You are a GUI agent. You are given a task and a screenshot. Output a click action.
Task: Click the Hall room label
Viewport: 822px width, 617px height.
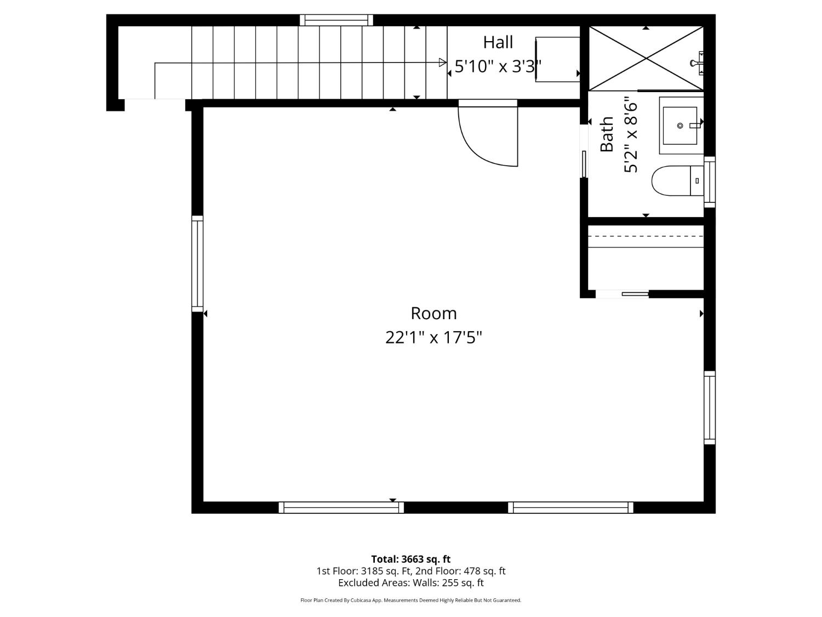498,42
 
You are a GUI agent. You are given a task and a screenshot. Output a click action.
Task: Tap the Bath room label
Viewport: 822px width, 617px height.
607,134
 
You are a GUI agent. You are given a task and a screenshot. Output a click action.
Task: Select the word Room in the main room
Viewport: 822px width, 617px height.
433,313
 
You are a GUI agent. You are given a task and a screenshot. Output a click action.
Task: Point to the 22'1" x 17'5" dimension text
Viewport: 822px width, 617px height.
433,337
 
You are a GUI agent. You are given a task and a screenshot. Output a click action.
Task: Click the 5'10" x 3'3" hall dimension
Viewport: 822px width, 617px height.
498,66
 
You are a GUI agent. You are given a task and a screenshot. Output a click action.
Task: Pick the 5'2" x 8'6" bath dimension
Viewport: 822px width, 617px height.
631,134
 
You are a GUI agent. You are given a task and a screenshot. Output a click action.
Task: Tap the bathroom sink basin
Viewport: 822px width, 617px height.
680,126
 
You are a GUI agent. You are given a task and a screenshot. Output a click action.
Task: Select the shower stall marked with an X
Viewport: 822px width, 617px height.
646,58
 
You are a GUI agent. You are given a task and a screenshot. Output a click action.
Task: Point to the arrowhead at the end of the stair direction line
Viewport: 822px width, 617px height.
443,63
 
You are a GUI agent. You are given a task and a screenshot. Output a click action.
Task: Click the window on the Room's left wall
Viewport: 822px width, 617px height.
197,264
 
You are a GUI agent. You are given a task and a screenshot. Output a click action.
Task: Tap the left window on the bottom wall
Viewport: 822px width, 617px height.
341,508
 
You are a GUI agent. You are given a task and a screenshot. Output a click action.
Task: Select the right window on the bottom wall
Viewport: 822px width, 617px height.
570,508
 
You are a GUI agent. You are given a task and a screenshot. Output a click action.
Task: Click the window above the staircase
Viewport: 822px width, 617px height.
336,20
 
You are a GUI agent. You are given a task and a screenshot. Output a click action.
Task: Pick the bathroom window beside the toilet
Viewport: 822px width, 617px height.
710,182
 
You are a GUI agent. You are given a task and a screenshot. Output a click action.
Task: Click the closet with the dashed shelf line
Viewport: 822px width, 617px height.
646,258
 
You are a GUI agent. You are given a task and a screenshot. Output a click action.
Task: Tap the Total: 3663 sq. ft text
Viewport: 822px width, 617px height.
410,559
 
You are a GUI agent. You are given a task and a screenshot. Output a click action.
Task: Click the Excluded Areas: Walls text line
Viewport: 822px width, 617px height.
410,583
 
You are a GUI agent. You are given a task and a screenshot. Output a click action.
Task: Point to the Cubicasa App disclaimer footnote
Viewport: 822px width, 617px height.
410,601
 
